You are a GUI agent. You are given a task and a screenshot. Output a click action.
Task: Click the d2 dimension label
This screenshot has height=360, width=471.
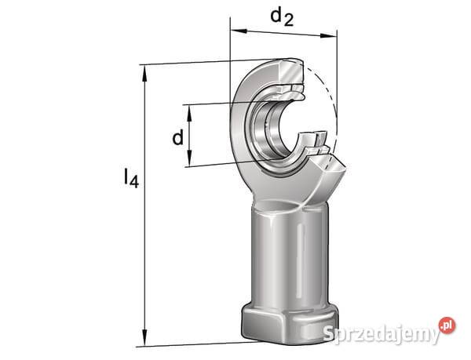282,17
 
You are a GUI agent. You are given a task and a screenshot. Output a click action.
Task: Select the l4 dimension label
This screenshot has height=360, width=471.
131,178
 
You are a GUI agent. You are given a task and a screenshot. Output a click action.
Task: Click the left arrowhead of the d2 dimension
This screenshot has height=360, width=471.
238,31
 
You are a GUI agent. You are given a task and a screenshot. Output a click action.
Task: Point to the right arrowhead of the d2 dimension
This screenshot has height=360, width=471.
329,36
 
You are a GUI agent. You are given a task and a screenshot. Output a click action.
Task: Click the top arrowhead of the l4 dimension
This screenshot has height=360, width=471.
144,74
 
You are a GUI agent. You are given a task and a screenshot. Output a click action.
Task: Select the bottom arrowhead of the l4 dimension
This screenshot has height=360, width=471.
144,337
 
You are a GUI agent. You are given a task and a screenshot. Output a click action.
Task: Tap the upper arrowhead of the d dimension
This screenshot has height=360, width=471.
189,113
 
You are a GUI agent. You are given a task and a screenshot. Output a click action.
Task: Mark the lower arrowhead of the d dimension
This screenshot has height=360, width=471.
189,158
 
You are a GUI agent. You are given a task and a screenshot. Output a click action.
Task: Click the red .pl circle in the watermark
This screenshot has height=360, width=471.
447,325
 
